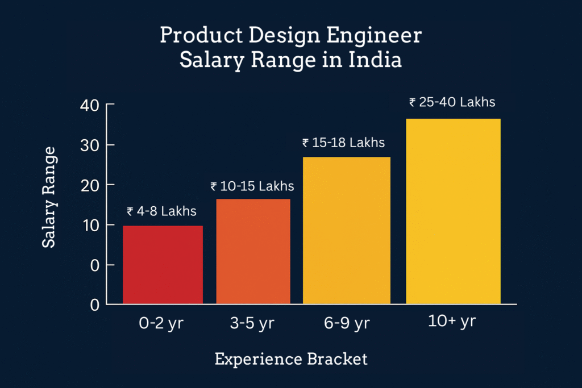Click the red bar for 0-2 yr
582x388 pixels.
coord(163,265)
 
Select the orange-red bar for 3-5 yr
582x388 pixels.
coord(253,252)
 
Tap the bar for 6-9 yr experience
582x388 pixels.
coord(347,231)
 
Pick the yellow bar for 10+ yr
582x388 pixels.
coord(453,211)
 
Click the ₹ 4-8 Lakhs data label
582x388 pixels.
coord(161,211)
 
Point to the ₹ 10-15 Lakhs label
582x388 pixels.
coord(252,186)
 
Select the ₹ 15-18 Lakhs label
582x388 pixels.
coord(343,143)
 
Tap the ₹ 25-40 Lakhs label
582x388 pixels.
coord(452,102)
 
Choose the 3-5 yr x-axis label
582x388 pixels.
coord(253,324)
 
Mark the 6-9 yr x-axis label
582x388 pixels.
coord(347,324)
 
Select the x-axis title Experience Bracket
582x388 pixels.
coord(290,359)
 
